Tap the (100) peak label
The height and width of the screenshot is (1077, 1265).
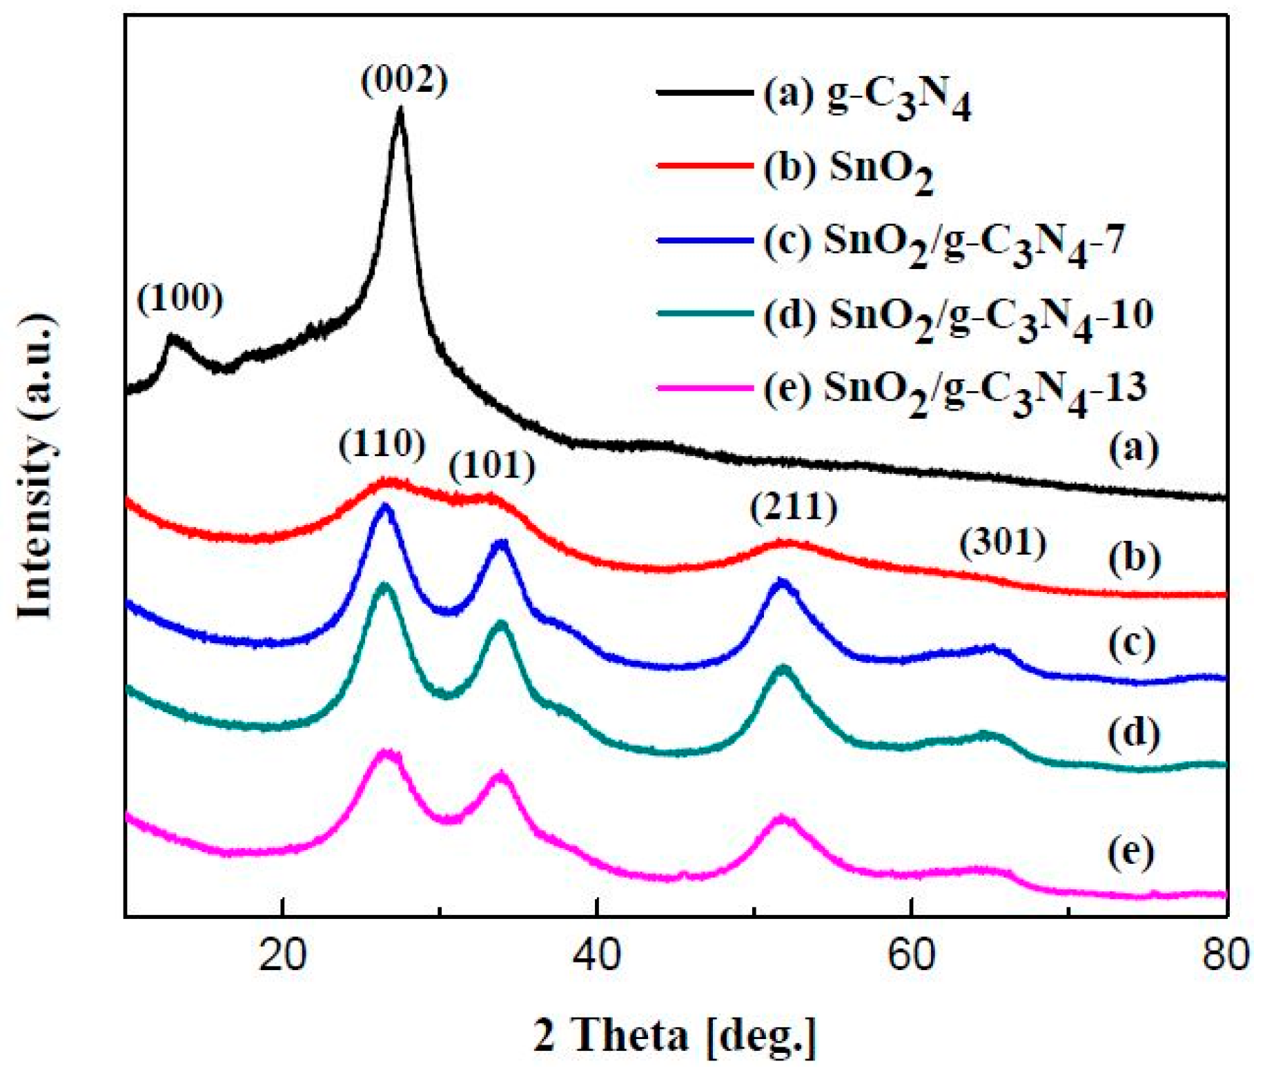180,298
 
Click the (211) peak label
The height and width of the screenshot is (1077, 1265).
794,508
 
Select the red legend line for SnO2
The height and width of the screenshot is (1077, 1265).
704,166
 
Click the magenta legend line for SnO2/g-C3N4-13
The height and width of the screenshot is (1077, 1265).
704,388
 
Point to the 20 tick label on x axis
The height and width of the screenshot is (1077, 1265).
282,956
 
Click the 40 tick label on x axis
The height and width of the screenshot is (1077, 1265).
597,956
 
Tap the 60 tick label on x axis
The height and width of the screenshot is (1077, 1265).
911,956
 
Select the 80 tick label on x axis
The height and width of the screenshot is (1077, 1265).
1225,956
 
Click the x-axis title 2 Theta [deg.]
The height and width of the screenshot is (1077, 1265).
674,1035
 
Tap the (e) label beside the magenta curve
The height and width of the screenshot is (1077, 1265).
1131,853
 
